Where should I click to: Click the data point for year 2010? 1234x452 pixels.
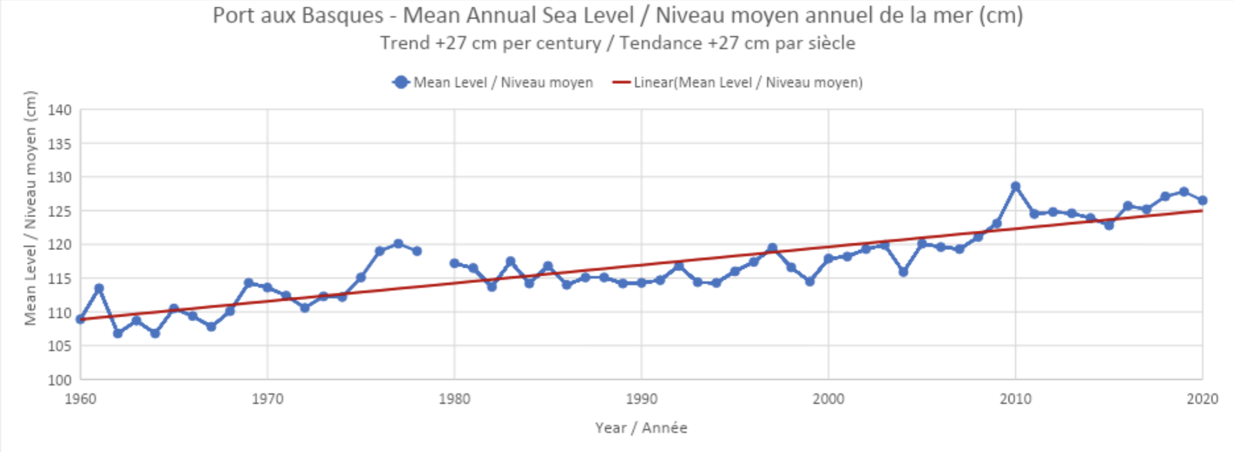click(1015, 186)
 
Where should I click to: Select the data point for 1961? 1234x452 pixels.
click(99, 288)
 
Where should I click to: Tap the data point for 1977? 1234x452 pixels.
click(398, 243)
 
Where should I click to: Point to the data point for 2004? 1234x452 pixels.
click(903, 272)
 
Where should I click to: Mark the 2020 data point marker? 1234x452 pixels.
click(1202, 200)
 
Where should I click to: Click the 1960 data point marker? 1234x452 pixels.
click(81, 320)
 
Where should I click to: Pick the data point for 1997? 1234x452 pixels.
click(772, 248)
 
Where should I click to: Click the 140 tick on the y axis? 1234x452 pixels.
click(60, 110)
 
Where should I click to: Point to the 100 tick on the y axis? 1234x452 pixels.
click(60, 380)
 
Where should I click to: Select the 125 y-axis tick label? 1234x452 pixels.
click(60, 212)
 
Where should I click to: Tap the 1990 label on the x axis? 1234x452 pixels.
click(641, 399)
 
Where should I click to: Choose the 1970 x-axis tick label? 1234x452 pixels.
click(267, 399)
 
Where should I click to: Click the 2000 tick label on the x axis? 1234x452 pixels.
click(828, 399)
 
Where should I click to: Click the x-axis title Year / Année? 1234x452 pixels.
click(641, 428)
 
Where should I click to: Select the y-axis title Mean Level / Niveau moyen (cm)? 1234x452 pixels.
click(30, 208)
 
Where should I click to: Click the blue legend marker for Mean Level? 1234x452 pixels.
click(401, 83)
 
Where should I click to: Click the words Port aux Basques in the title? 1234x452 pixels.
click(298, 16)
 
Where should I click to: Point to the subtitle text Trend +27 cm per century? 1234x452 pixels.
click(491, 43)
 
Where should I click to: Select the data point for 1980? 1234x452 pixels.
click(455, 263)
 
